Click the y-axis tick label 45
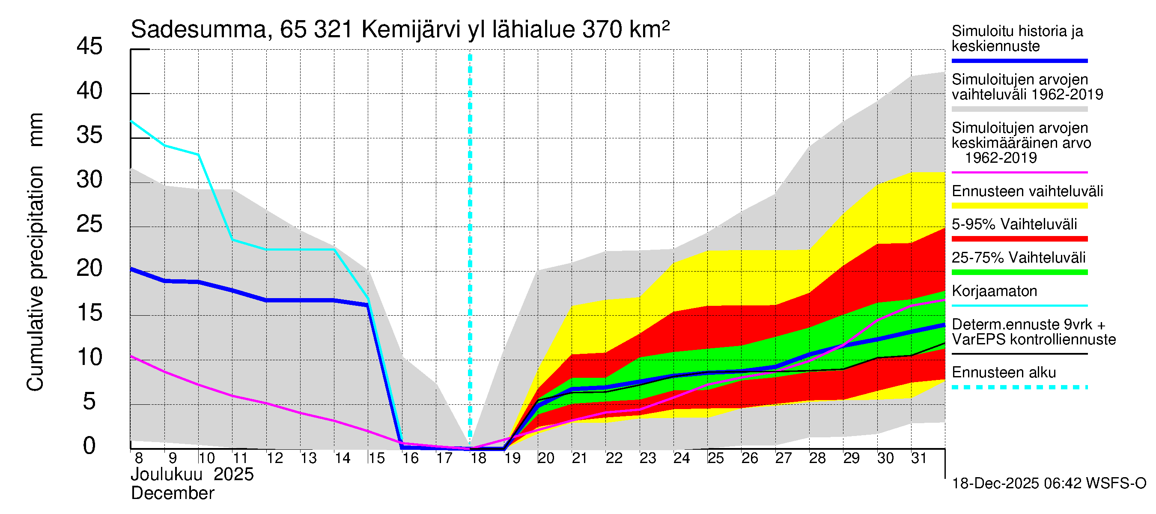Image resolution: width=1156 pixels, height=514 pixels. (x=89, y=46)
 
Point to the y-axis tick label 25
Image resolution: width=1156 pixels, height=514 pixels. (x=89, y=224)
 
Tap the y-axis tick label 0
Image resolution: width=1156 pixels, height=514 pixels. (x=89, y=446)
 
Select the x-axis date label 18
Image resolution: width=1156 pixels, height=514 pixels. (x=478, y=458)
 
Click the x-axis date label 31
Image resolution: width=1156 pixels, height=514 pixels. (x=919, y=458)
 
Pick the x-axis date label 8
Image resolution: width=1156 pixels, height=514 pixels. (x=139, y=458)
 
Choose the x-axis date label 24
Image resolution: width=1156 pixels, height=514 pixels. (x=682, y=458)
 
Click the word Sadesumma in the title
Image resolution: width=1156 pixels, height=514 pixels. (x=199, y=30)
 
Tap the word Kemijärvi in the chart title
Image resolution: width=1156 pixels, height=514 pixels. (x=411, y=30)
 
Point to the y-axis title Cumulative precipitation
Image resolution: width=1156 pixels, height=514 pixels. (x=35, y=278)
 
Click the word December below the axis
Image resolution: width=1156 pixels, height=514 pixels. (x=172, y=493)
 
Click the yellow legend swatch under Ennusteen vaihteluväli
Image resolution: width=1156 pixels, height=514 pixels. (x=1019, y=206)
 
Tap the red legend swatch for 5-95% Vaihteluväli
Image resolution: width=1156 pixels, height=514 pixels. (x=1019, y=239)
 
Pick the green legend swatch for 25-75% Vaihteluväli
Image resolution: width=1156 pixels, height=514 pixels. (x=1019, y=272)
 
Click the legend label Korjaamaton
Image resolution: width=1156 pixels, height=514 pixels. (x=995, y=291)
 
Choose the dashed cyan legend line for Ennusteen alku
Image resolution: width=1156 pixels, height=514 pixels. (x=1019, y=387)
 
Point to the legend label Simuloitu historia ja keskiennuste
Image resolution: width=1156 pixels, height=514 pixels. (x=1017, y=39)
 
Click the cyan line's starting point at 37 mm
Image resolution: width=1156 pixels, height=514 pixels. (x=131, y=121)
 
